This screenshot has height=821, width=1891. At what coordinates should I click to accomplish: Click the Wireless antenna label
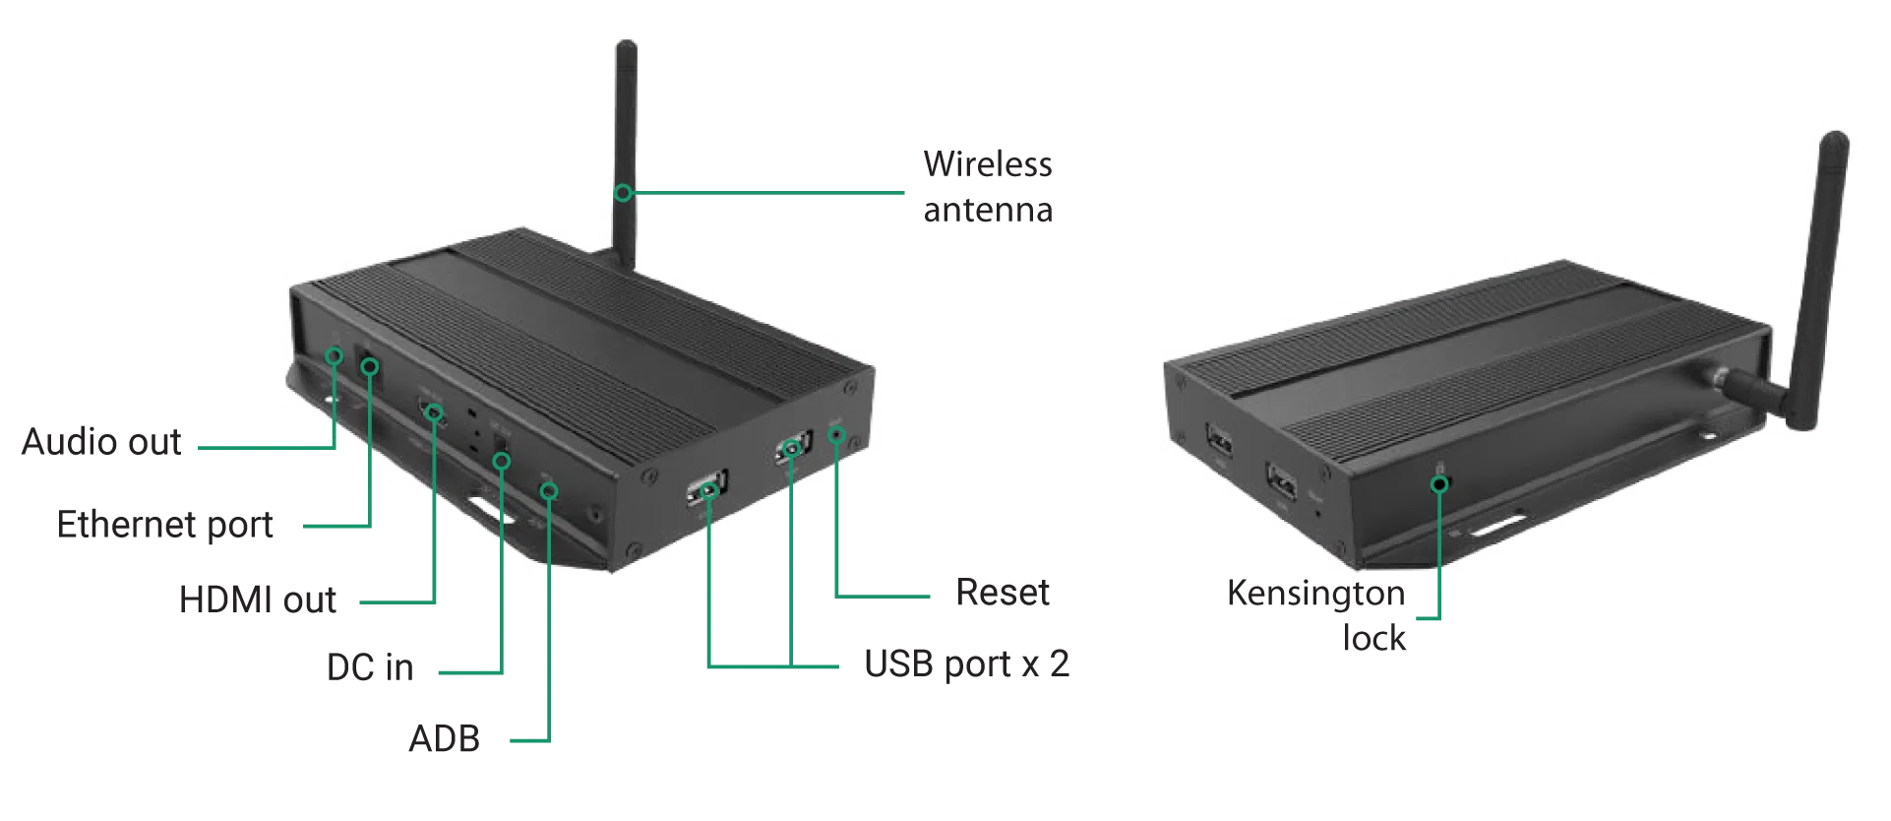coord(988,186)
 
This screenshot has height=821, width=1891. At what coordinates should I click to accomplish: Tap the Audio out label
coord(101,442)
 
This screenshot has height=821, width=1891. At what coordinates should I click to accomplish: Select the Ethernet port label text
coord(164,525)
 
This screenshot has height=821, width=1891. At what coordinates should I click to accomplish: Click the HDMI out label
coord(258,600)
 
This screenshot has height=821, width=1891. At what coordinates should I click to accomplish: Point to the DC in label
coord(370,667)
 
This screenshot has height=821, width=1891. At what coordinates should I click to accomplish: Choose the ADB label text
coord(444,738)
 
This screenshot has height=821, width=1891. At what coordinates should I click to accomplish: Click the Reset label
coord(1003,593)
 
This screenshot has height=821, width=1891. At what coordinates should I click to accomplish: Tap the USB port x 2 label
coord(966,664)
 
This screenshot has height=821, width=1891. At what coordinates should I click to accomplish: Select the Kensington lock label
coord(1316,615)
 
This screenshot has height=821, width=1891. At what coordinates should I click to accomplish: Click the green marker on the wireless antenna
coord(623,193)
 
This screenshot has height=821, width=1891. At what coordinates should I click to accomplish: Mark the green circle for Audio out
coord(335,355)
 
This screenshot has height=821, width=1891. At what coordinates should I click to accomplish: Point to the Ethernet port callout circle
coord(370,367)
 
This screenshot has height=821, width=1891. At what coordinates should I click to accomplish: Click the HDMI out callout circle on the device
coord(434,411)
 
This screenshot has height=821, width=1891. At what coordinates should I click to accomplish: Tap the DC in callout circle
coord(501,460)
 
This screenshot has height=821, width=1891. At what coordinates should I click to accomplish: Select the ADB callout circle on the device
coord(549,490)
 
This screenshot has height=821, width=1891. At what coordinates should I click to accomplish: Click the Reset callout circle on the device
coord(836,435)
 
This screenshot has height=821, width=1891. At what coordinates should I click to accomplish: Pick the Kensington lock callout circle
coord(1439,483)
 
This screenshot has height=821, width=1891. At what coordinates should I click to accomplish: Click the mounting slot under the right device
coord(1496,527)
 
